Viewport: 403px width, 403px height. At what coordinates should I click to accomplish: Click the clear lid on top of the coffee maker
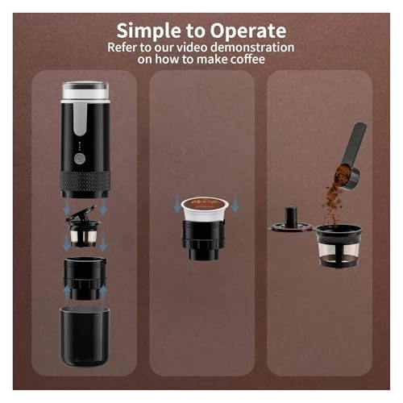(x=85, y=89)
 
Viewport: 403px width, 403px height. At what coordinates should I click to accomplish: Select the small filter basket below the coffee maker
(x=85, y=235)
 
